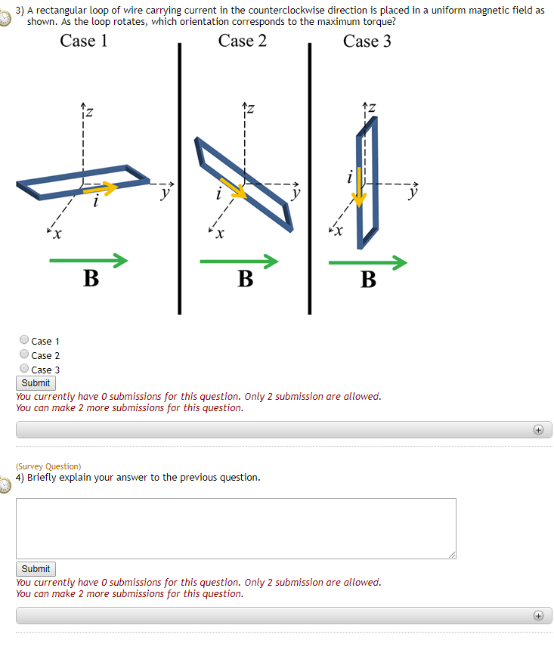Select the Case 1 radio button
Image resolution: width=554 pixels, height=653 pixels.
coord(25,340)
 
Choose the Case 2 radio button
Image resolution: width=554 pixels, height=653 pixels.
coord(25,354)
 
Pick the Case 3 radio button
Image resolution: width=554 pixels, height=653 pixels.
coord(25,369)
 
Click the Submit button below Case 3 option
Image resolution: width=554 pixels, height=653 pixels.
coord(36,383)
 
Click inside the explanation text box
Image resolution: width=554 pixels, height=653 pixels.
coord(236,528)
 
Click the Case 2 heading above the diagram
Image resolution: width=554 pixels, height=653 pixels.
coord(242,42)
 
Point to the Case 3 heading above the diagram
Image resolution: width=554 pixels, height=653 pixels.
coord(367,42)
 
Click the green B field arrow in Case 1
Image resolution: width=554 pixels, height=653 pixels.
coord(88,261)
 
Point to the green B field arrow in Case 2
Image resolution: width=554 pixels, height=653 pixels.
coord(239,262)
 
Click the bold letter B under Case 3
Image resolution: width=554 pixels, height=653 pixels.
coord(368,280)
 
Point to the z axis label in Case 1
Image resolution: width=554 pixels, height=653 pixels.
coord(88,112)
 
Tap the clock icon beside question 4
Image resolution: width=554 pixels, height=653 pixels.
coord(6,484)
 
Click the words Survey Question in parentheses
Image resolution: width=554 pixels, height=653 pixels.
coord(48,466)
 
